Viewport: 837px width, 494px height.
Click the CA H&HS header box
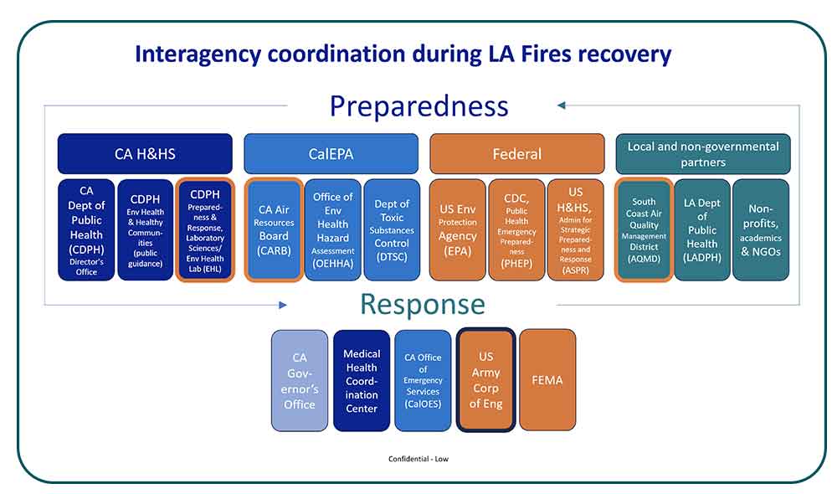[145, 154]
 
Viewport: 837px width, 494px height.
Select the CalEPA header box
[331, 154]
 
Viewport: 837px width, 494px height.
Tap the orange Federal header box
[516, 154]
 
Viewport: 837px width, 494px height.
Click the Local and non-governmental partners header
[702, 154]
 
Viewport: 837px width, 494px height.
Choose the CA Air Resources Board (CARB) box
[274, 229]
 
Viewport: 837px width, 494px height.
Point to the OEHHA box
[332, 229]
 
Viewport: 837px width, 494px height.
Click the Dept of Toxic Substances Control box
[392, 229]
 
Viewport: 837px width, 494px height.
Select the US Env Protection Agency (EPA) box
[457, 229]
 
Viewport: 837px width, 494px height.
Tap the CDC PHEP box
[516, 229]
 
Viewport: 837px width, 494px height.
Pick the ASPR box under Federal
[575, 229]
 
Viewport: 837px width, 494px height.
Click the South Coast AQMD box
[644, 229]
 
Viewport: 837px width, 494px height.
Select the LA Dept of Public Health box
[702, 229]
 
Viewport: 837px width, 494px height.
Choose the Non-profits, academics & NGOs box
[761, 229]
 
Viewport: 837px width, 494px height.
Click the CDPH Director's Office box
[86, 229]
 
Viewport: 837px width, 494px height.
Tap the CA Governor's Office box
[300, 380]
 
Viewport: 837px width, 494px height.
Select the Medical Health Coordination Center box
[362, 380]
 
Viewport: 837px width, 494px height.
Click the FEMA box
[547, 380]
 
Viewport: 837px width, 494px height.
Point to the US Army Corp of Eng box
[485, 380]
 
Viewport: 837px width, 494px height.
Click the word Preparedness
[418, 106]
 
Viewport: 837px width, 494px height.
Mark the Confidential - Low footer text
[418, 459]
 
